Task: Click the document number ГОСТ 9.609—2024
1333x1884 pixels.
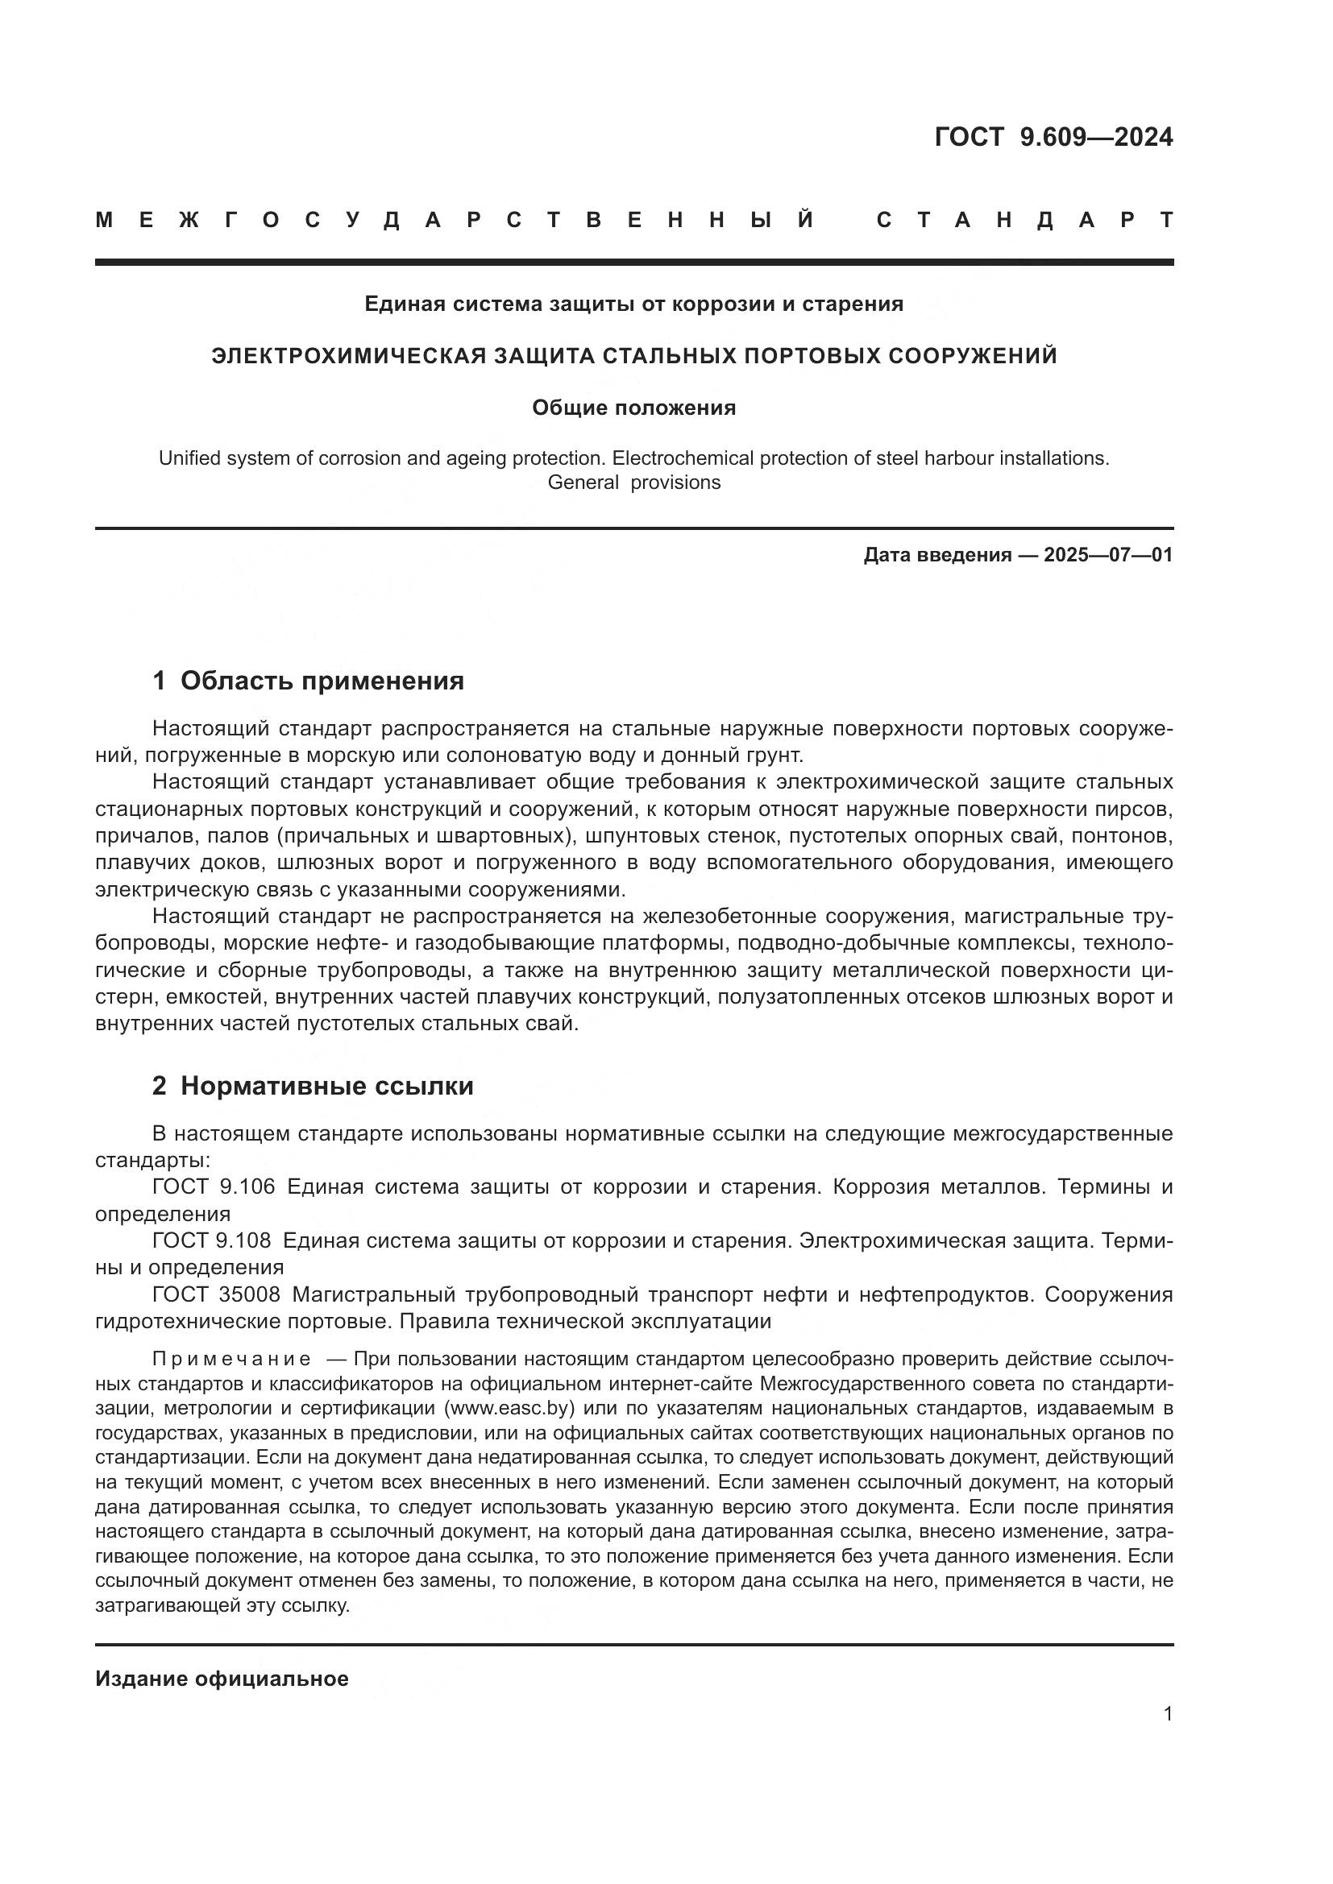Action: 1053,137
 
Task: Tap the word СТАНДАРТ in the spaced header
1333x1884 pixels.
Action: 1024,220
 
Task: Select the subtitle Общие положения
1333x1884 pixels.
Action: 633,408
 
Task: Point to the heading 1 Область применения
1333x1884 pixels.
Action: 308,681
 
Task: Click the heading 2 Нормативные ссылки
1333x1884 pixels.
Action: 313,1087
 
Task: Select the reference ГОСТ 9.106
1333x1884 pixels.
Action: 214,1187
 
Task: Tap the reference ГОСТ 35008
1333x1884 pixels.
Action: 216,1294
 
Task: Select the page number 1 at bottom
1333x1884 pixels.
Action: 1168,1714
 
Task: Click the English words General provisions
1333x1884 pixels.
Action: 633,482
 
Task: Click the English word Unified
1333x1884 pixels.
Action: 188,458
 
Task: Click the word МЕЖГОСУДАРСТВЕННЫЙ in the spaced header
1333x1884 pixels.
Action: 455,220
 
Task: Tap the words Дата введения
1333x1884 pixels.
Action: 936,556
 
